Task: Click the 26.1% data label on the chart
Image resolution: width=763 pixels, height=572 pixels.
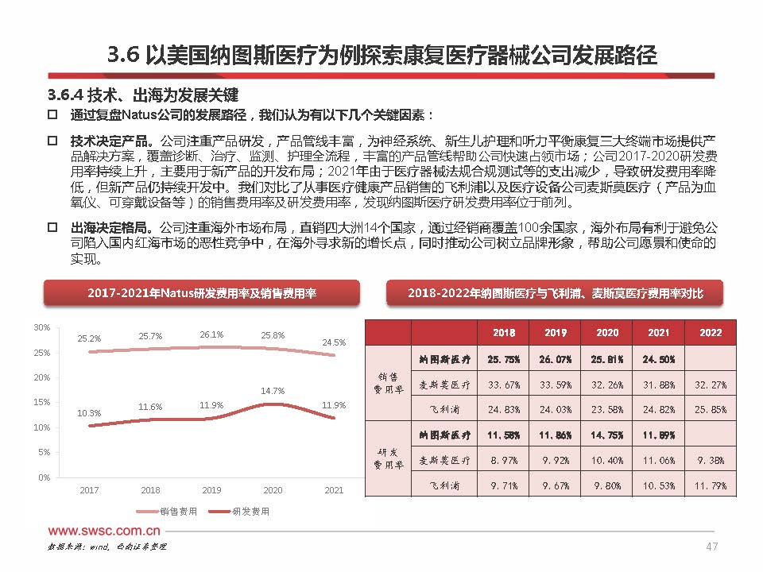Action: point(211,334)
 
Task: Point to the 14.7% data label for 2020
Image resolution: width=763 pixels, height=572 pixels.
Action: point(273,391)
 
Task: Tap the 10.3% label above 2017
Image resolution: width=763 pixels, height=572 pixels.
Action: point(89,413)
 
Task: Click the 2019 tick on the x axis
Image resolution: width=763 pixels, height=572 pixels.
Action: point(211,490)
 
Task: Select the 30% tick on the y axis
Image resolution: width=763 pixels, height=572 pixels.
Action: point(41,327)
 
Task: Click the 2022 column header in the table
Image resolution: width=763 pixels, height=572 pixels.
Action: point(710,333)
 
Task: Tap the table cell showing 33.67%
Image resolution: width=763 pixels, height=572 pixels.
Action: point(504,385)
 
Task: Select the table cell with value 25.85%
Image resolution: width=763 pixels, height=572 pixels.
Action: point(710,410)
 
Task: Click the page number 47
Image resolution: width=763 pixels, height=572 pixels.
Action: point(712,547)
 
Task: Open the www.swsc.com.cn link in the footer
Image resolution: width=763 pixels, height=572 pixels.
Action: point(105,531)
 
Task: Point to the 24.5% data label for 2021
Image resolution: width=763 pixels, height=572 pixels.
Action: point(334,342)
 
